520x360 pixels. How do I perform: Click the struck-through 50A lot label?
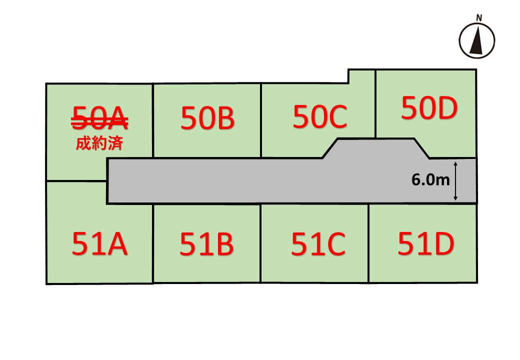(x=100, y=118)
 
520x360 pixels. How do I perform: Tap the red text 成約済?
(x=99, y=143)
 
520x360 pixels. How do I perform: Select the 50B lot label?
(x=207, y=118)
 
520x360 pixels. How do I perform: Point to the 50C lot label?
(x=320, y=116)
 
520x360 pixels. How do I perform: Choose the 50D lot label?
(x=429, y=108)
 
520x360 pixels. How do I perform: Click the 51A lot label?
(x=99, y=244)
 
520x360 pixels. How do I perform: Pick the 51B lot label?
(x=206, y=244)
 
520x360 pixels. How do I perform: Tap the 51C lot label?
(x=318, y=244)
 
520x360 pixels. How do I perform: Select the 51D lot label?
(x=426, y=244)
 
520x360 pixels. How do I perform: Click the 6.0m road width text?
(x=430, y=179)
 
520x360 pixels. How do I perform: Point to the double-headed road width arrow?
(x=455, y=181)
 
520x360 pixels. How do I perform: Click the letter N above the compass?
(x=479, y=18)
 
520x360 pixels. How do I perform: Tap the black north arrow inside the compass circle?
(x=477, y=41)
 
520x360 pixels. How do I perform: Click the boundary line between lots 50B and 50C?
(x=261, y=120)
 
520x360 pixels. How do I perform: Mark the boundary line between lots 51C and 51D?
(x=368, y=243)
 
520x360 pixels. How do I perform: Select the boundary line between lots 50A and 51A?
(x=76, y=181)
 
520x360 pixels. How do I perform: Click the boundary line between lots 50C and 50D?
(x=375, y=104)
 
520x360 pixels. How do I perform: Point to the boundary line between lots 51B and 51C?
(x=260, y=243)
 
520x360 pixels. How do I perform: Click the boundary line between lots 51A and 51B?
(x=153, y=243)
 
